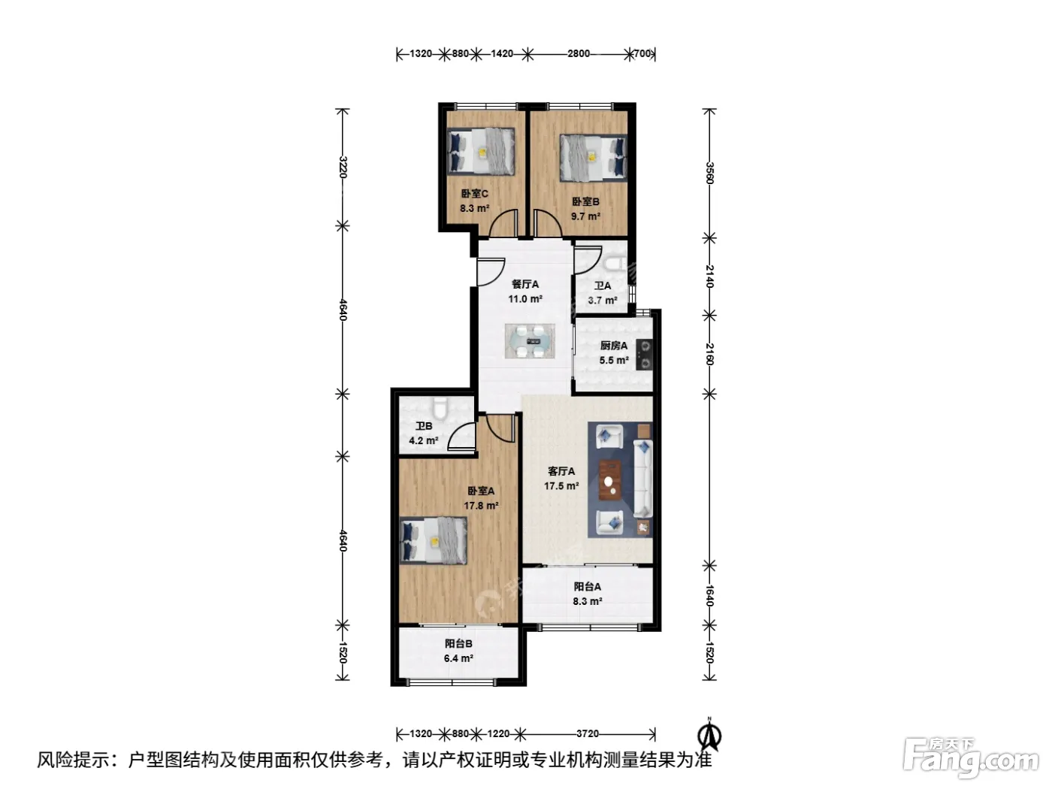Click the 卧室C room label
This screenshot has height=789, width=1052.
474,194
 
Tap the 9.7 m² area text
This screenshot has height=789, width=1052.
585,216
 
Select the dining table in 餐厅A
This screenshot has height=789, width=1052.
530,341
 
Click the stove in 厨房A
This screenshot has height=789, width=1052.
644,355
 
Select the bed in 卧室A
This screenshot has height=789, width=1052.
434,540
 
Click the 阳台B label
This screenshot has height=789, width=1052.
458,644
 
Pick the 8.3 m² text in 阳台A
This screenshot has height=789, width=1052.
587,601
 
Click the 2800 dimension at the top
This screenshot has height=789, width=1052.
579,53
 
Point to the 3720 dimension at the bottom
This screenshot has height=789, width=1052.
588,733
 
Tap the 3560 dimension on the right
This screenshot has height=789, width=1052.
710,173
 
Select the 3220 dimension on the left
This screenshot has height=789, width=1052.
343,167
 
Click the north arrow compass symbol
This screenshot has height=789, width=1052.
710,735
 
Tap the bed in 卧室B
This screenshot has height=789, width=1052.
594,158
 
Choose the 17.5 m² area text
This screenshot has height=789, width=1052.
561,485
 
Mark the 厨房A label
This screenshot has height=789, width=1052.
613,346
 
